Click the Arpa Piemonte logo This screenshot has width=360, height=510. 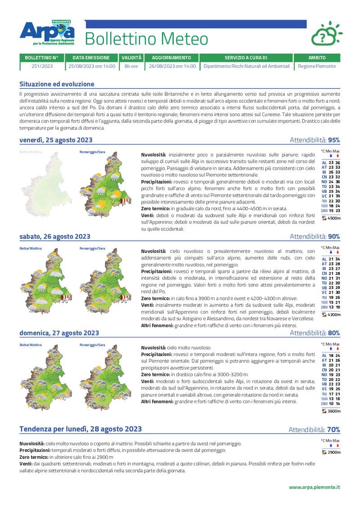(x=47, y=32)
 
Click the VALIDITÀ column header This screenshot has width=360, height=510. (x=131, y=58)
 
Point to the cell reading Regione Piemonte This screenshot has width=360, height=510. (x=317, y=66)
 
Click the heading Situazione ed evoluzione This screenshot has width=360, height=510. (x=57, y=84)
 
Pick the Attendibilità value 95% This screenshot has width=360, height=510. (x=334, y=140)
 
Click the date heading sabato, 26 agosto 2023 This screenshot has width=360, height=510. (x=54, y=236)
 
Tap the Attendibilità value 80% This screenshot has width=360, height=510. (x=334, y=333)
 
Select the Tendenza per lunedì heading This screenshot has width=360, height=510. (x=81, y=429)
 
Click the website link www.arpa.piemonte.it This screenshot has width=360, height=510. (x=314, y=487)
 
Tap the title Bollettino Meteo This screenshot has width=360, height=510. (x=146, y=39)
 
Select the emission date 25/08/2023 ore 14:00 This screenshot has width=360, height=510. (x=92, y=66)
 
